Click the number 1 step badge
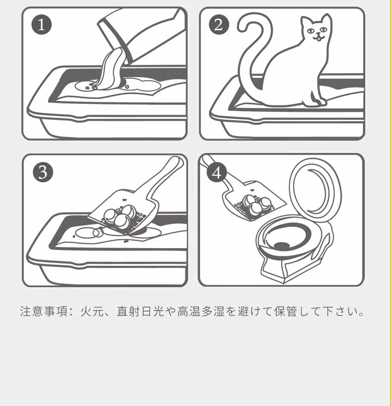pyautogui.click(x=42, y=25)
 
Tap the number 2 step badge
pyautogui.click(x=219, y=25)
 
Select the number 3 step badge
pyautogui.click(x=43, y=172)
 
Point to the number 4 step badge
pyautogui.click(x=217, y=172)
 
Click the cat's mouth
pyautogui.click(x=318, y=38)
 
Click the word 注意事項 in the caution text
pyautogui.click(x=44, y=311)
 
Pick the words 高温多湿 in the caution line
pyautogui.click(x=201, y=311)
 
